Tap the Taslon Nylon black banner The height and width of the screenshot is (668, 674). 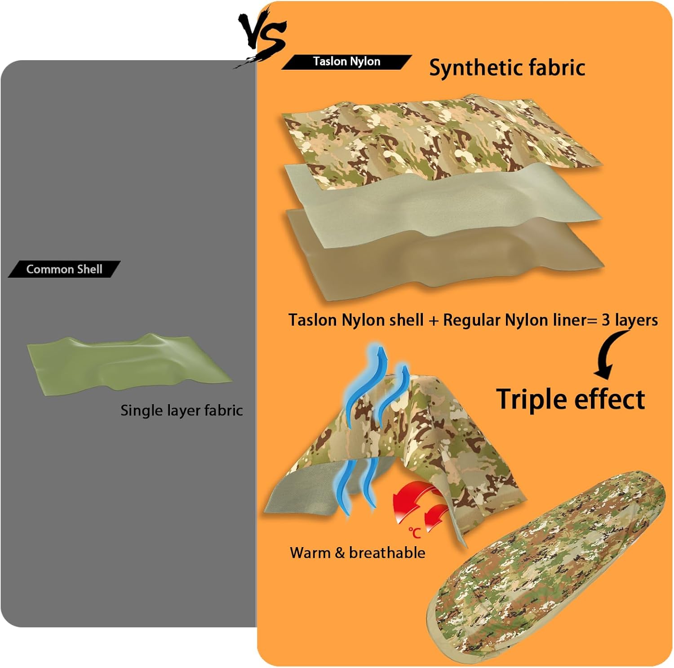coord(346,62)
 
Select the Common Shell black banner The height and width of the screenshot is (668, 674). coord(64,269)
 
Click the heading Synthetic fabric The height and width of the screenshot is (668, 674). coord(507,68)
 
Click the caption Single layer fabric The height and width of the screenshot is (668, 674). coord(182,410)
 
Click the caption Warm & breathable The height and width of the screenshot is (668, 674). coord(357,552)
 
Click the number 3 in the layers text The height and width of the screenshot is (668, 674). coord(606,320)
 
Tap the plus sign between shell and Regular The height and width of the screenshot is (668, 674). coord(433,321)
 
